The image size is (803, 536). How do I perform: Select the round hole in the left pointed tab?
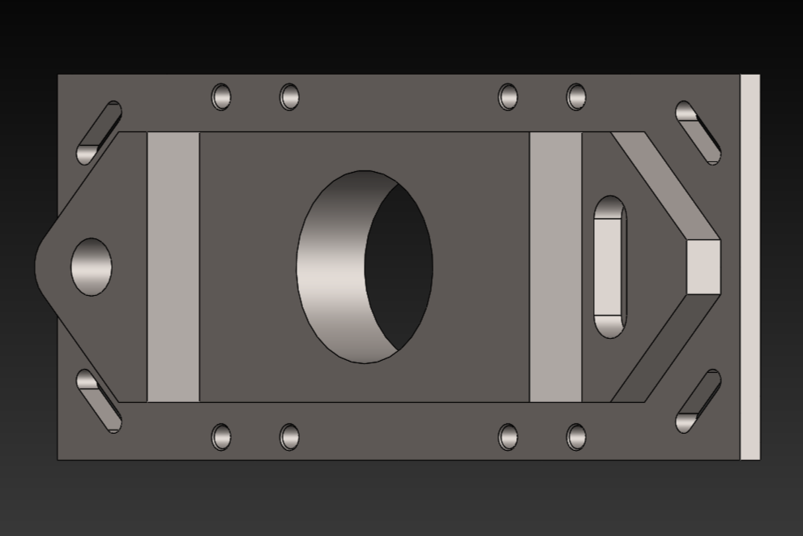pyautogui.click(x=92, y=267)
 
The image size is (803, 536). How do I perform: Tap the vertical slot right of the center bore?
pyautogui.click(x=609, y=267)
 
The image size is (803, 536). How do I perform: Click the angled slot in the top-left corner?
pyautogui.click(x=99, y=132)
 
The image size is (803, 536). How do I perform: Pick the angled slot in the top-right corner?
pyautogui.click(x=698, y=132)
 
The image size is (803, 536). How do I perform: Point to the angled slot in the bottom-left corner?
pyautogui.click(x=99, y=401)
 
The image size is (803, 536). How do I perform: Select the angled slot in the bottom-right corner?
pyautogui.click(x=698, y=401)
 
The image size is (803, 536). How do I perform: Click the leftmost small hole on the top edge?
pyautogui.click(x=221, y=96)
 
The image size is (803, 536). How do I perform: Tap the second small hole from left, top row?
pyautogui.click(x=289, y=96)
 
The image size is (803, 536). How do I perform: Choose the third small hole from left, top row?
pyautogui.click(x=508, y=96)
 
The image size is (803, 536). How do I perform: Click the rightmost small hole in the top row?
pyautogui.click(x=576, y=96)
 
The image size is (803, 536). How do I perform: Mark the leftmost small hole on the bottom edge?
pyautogui.click(x=221, y=436)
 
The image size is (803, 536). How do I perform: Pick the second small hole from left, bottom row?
pyautogui.click(x=289, y=436)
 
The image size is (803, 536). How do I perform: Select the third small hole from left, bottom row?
pyautogui.click(x=508, y=436)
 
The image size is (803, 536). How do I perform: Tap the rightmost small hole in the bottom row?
pyautogui.click(x=576, y=436)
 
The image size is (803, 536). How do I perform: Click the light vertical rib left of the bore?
pyautogui.click(x=173, y=267)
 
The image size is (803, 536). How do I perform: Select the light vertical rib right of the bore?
pyautogui.click(x=555, y=267)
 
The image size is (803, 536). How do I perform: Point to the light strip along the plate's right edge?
pyautogui.click(x=750, y=267)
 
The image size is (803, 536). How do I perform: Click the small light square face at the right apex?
pyautogui.click(x=703, y=267)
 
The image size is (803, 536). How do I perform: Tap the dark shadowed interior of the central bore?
pyautogui.click(x=399, y=267)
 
